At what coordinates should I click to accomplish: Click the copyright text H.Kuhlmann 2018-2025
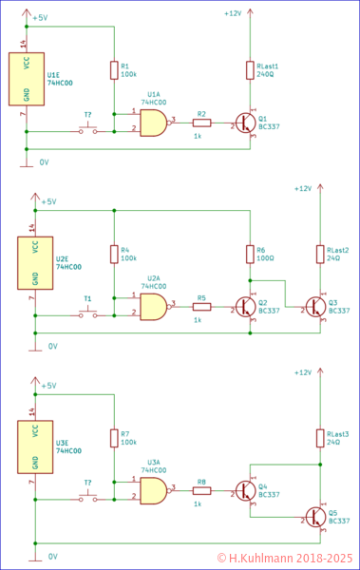pos(285,559)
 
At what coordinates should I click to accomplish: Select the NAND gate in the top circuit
pos(153,123)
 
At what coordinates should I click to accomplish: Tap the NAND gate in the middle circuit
pos(153,307)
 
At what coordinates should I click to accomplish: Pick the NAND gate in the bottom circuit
pos(153,490)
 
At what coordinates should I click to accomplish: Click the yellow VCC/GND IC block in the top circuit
pos(26,79)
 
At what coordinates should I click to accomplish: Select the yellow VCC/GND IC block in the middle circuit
pos(35,262)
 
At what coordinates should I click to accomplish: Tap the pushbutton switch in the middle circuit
pos(87,312)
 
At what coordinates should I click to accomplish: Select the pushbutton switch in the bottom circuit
pos(87,496)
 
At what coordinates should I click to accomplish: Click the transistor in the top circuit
pos(246,123)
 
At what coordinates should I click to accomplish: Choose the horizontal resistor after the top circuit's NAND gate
pos(201,123)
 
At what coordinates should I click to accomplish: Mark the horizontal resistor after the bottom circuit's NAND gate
pos(201,491)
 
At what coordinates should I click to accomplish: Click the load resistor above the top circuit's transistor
pos(250,69)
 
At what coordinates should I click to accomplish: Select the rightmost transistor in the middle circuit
pos(315,307)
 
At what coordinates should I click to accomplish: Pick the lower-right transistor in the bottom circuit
pos(315,517)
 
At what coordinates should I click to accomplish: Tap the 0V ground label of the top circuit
pos(44,162)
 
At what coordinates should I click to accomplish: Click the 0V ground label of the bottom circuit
pos(53,555)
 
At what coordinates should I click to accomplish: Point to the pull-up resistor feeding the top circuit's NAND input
pos(114,69)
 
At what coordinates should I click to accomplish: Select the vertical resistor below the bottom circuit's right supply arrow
pos(320,437)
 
